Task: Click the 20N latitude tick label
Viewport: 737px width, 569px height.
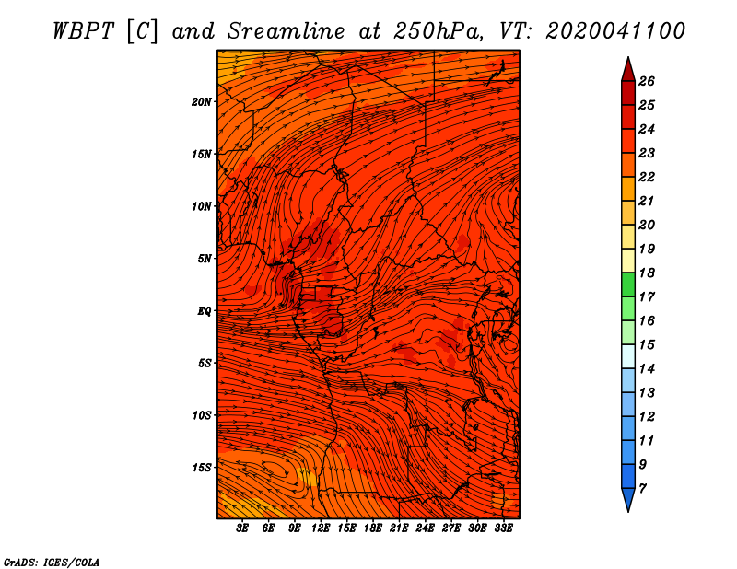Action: pos(202,102)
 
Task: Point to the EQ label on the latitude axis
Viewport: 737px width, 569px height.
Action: pos(205,311)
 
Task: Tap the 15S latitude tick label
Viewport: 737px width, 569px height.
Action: pos(202,468)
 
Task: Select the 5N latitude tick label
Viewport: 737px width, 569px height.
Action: pos(205,259)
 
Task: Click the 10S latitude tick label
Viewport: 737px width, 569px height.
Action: pos(202,415)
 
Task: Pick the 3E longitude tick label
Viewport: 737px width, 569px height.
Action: pos(242,528)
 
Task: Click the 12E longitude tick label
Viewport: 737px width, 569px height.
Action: pos(321,528)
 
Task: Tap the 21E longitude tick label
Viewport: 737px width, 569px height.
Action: pos(399,528)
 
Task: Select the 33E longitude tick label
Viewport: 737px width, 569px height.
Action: pos(503,528)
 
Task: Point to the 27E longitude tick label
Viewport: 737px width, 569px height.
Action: pos(451,528)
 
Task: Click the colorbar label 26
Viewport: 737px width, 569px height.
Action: pos(647,81)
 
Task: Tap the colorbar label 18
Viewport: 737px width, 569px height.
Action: pos(647,273)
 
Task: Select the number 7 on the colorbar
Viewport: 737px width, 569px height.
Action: pos(642,489)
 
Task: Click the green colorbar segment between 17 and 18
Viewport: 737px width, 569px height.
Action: pos(628,284)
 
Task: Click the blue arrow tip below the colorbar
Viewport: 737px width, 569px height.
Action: pos(628,500)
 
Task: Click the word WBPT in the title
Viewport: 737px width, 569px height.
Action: pos(83,31)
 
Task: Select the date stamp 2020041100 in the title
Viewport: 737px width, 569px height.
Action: pos(615,31)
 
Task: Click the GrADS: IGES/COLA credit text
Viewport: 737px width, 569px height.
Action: pos(52,563)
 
